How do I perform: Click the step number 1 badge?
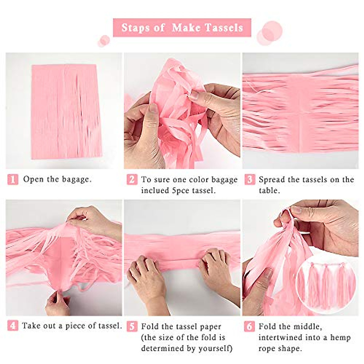[13, 180]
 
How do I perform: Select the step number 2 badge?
[132, 180]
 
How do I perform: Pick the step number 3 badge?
[249, 180]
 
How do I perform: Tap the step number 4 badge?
[13, 326]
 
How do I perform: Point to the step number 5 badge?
[132, 326]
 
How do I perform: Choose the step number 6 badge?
[249, 326]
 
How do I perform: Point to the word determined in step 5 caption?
[163, 348]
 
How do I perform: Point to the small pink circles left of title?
[104, 41]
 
